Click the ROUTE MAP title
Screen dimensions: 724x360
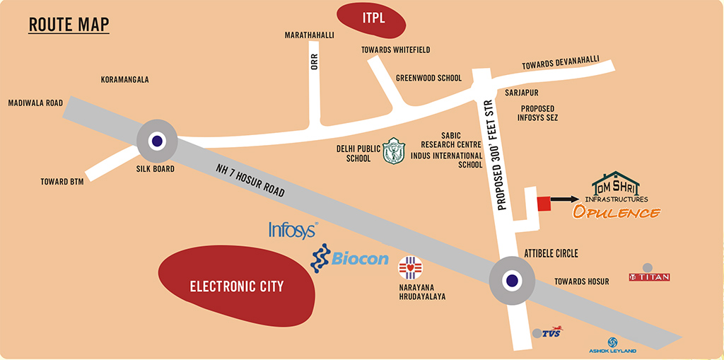(x=69, y=25)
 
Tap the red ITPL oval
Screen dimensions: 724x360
(x=371, y=19)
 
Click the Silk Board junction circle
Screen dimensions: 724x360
(x=157, y=140)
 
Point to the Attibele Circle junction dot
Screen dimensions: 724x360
(x=512, y=280)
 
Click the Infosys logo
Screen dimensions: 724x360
(x=293, y=229)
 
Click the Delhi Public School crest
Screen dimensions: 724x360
(x=394, y=151)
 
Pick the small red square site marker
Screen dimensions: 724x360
(x=544, y=203)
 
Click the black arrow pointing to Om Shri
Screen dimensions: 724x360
(x=565, y=199)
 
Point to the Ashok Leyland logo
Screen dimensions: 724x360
(x=612, y=345)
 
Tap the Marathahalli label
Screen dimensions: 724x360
(x=309, y=35)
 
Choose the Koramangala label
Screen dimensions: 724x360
(x=124, y=80)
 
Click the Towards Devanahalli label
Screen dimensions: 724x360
(x=561, y=62)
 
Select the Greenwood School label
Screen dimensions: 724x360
(x=428, y=78)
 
